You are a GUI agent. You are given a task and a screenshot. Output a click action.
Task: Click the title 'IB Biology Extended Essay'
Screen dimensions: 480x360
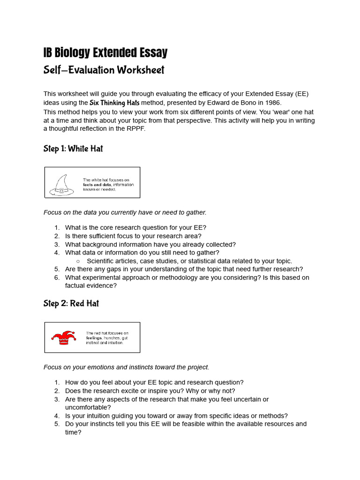click(105, 52)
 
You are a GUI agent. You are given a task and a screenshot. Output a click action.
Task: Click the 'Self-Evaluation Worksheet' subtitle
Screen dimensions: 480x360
click(104, 70)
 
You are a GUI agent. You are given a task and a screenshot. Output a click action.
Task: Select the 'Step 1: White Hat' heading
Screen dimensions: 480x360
click(73, 149)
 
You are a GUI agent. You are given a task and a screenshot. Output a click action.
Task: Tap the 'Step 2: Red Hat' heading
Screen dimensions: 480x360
click(71, 303)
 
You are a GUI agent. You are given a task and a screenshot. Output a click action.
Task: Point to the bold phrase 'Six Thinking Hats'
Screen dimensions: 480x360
click(114, 103)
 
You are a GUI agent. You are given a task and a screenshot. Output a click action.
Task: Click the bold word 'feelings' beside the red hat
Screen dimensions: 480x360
click(94, 338)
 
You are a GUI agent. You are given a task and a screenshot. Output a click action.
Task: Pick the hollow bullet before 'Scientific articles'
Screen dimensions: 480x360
click(78, 261)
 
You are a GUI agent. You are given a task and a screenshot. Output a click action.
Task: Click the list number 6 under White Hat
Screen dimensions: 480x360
click(57, 277)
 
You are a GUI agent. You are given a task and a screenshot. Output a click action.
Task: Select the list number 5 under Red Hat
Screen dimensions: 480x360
click(57, 424)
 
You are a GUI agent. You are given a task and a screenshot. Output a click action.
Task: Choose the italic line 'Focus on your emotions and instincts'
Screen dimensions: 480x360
click(126, 367)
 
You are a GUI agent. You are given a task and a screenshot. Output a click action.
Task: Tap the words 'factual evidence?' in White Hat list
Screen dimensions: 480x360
click(91, 285)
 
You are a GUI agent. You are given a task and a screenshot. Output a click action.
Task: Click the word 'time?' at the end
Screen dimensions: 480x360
click(73, 432)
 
